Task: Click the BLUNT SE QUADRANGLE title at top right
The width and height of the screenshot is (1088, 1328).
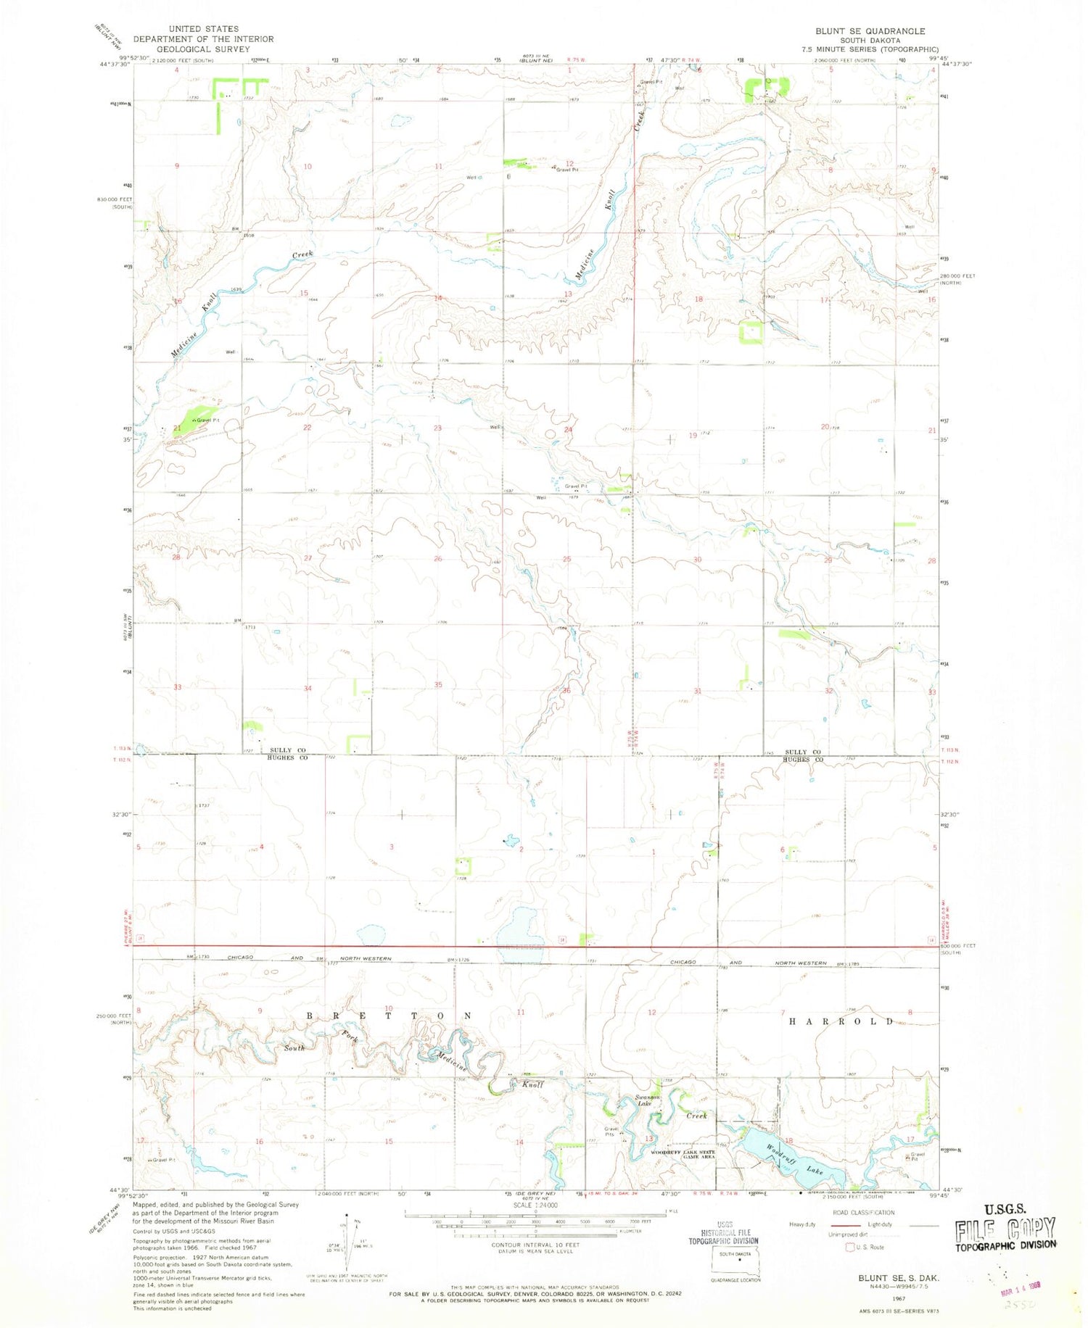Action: (870, 31)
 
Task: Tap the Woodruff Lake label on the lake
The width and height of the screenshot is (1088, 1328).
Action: (795, 1158)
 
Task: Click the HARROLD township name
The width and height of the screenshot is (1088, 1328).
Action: (842, 1021)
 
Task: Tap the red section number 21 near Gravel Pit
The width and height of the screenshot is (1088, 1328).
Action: (177, 428)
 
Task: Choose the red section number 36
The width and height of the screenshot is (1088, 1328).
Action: (566, 690)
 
